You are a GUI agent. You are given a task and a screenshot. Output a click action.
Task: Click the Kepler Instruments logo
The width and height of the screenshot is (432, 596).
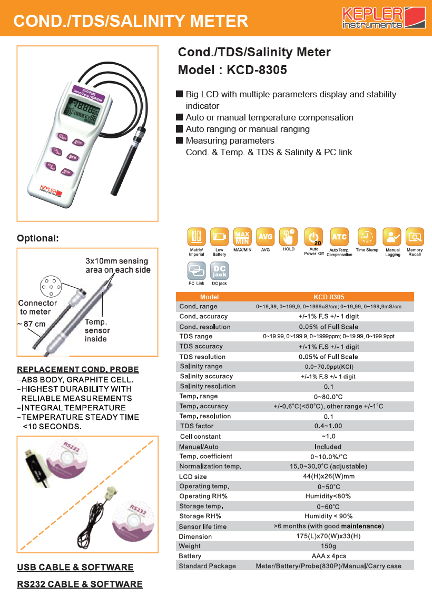click(376, 18)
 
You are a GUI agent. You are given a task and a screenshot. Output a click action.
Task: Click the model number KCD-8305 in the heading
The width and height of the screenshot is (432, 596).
click(257, 70)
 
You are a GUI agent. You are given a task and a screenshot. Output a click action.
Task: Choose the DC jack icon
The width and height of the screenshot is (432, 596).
click(219, 271)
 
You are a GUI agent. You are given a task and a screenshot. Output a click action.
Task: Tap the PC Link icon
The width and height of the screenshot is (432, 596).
click(197, 271)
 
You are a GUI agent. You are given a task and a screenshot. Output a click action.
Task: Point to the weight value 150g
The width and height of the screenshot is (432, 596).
click(329, 546)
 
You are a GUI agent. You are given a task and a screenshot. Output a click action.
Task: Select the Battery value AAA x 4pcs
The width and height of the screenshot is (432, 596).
click(329, 556)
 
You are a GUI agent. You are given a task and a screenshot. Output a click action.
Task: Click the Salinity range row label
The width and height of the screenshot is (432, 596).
click(201, 366)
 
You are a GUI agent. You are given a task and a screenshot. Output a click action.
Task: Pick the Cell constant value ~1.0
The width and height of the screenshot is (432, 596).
click(329, 436)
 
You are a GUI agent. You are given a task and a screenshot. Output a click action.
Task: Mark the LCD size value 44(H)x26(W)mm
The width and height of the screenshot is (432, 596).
click(329, 477)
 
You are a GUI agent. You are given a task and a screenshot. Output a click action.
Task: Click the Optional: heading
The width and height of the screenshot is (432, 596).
click(38, 238)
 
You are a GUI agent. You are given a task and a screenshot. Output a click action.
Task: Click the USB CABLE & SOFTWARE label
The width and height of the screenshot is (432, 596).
click(75, 567)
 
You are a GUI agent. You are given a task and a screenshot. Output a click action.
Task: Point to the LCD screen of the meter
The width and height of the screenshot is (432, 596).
click(81, 111)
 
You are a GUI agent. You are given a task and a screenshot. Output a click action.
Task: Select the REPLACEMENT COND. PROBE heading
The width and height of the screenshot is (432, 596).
click(78, 369)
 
